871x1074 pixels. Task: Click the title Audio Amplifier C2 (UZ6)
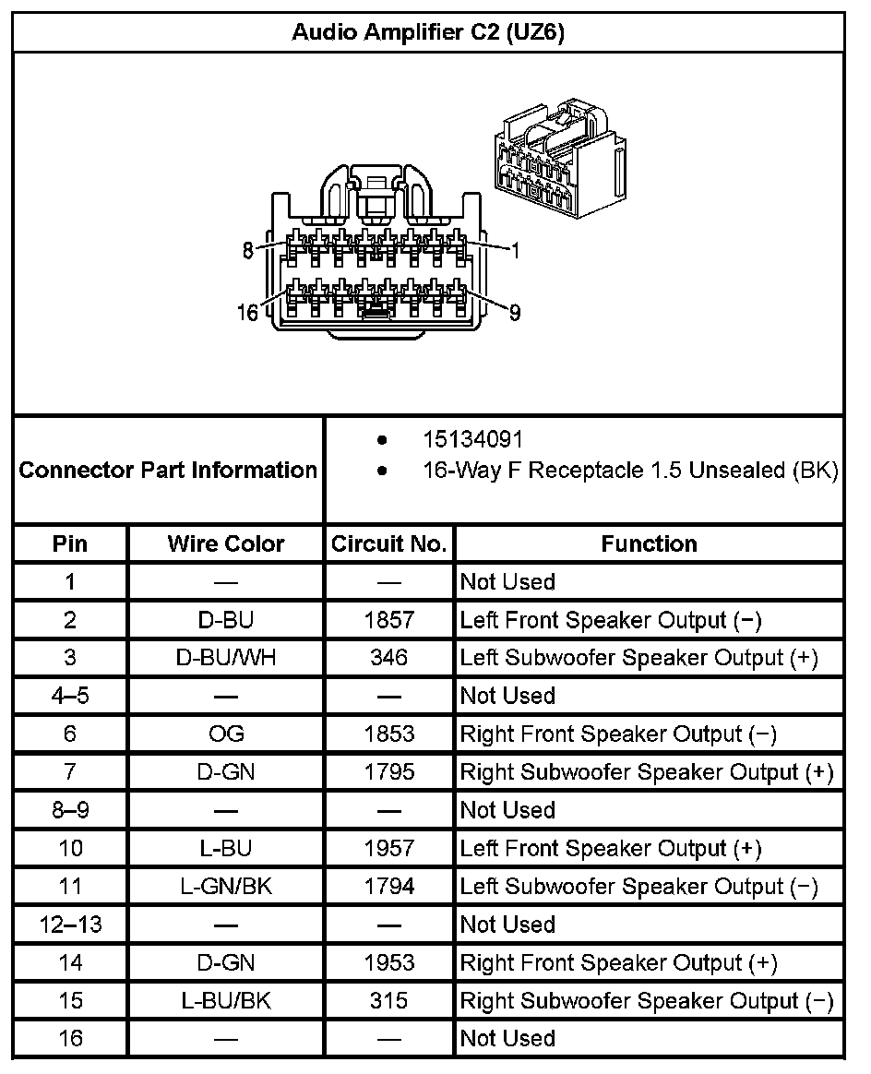point(428,33)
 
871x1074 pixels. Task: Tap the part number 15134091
point(472,440)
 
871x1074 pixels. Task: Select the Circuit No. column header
point(389,543)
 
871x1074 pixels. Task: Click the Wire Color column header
point(226,543)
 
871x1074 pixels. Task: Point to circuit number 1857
point(389,620)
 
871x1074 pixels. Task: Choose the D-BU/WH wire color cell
point(226,658)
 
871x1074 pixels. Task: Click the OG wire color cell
point(226,734)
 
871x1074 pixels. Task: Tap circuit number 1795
point(389,771)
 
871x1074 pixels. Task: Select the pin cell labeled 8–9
point(70,810)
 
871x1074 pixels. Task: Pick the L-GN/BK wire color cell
point(226,887)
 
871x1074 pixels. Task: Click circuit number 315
point(389,1000)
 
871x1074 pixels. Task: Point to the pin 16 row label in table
point(70,1038)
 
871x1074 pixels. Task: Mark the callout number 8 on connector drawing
point(248,250)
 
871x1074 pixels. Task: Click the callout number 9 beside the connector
point(515,313)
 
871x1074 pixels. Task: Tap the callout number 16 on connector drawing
point(247,313)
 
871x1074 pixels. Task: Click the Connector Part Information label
point(168,470)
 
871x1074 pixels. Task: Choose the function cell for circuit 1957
point(611,848)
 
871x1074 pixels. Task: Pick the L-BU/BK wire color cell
point(226,1000)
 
